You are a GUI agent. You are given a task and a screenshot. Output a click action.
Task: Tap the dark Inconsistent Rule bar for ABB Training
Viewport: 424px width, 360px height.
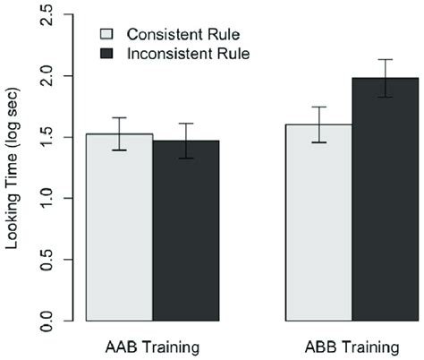coord(385,201)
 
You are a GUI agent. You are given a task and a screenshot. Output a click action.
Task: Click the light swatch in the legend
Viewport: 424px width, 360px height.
coord(106,34)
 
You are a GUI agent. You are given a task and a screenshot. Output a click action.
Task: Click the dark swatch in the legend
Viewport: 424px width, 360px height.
coord(106,54)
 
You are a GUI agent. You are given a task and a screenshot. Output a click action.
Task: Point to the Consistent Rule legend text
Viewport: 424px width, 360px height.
coord(171,34)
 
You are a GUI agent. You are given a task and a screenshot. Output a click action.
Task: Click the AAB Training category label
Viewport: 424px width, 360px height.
coord(152,345)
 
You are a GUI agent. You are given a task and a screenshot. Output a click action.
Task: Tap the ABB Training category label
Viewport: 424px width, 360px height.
coord(352,345)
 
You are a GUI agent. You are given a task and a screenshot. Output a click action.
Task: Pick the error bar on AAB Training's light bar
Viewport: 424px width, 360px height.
coord(119,133)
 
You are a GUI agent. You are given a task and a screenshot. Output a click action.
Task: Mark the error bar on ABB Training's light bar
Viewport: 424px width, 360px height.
coord(318,124)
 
